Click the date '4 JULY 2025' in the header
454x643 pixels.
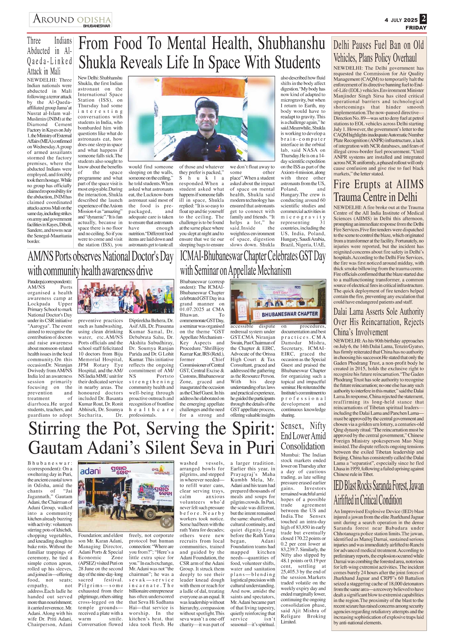pyautogui.click(x=401, y=20)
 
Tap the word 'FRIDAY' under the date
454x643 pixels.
pyautogui.click(x=416, y=27)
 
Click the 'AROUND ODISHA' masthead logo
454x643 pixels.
pyautogui.click(x=71, y=19)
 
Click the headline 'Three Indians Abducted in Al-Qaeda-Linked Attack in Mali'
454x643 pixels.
pyautogui.click(x=49, y=56)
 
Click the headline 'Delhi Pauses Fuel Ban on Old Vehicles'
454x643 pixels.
pyautogui.click(x=379, y=51)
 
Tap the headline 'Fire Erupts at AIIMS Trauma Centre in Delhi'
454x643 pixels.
pyautogui.click(x=379, y=191)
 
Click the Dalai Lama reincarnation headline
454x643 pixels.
pyautogui.click(x=379, y=322)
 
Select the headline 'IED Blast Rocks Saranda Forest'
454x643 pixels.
pyautogui.click(x=379, y=493)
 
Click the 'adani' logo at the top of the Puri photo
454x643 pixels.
pyautogui.click(x=90, y=470)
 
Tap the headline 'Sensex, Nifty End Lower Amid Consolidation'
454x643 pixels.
pyautogui.click(x=303, y=436)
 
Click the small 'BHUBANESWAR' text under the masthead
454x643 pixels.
pyautogui.click(x=97, y=26)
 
